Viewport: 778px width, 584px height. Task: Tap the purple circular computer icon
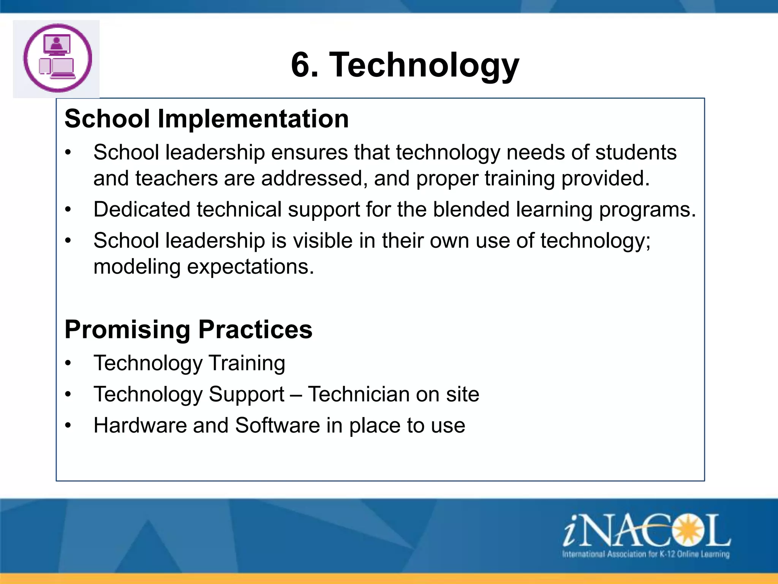pyautogui.click(x=57, y=58)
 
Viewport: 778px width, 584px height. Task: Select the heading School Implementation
pyautogui.click(x=207, y=119)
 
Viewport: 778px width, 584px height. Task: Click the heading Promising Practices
pyautogui.click(x=188, y=329)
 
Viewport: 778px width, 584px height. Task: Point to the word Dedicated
pyautogui.click(x=142, y=209)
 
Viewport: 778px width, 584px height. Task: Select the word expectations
pyautogui.click(x=251, y=267)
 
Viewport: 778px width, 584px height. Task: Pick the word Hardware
pyautogui.click(x=140, y=425)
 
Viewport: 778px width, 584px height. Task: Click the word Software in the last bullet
pyautogui.click(x=277, y=425)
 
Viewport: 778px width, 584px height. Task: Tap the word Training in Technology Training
pyautogui.click(x=247, y=363)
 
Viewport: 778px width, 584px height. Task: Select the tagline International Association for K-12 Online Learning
pyautogui.click(x=646, y=554)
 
